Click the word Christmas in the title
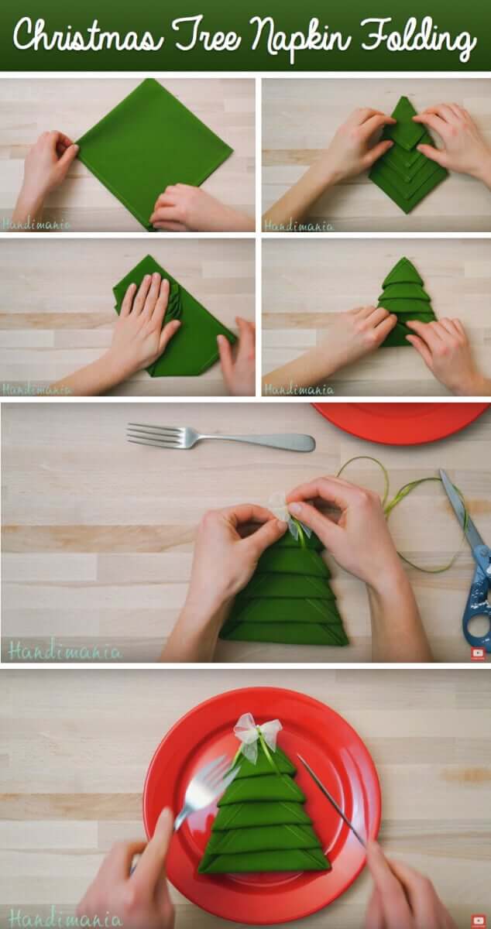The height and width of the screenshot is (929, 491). click(88, 36)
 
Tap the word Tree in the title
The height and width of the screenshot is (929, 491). click(206, 36)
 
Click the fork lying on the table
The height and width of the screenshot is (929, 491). click(221, 437)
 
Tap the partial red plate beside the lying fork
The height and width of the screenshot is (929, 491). click(401, 422)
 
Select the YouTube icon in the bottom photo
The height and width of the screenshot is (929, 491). click(478, 920)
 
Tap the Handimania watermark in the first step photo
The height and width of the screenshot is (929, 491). click(36, 225)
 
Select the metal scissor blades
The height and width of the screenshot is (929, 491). click(462, 508)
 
